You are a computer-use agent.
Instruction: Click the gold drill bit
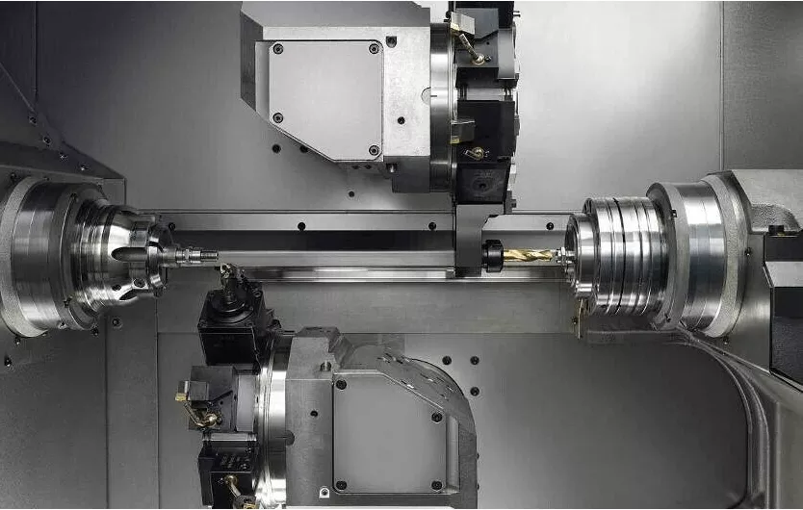point(528,256)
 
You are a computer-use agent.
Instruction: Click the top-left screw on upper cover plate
point(278,48)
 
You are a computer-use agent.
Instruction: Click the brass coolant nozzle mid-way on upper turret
point(475,153)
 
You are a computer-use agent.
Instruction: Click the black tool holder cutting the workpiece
point(231,318)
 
